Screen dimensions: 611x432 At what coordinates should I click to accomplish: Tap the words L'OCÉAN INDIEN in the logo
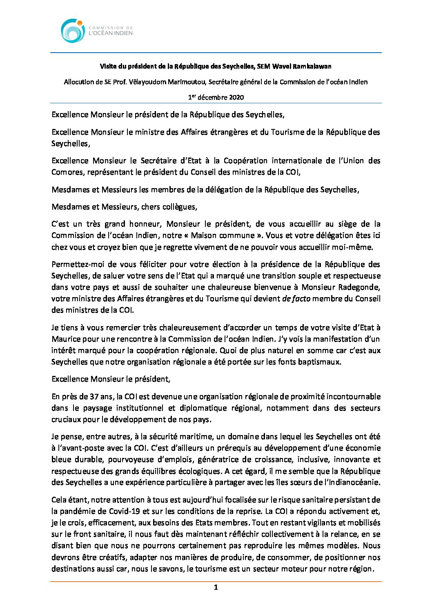pos(110,33)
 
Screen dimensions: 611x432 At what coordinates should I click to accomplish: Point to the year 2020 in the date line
pos(236,97)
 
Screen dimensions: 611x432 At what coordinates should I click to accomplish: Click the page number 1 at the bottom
pos(216,588)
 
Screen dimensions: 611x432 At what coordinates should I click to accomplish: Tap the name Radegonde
pos(359,287)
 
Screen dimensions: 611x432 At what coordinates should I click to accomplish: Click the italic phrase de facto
pos(296,298)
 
